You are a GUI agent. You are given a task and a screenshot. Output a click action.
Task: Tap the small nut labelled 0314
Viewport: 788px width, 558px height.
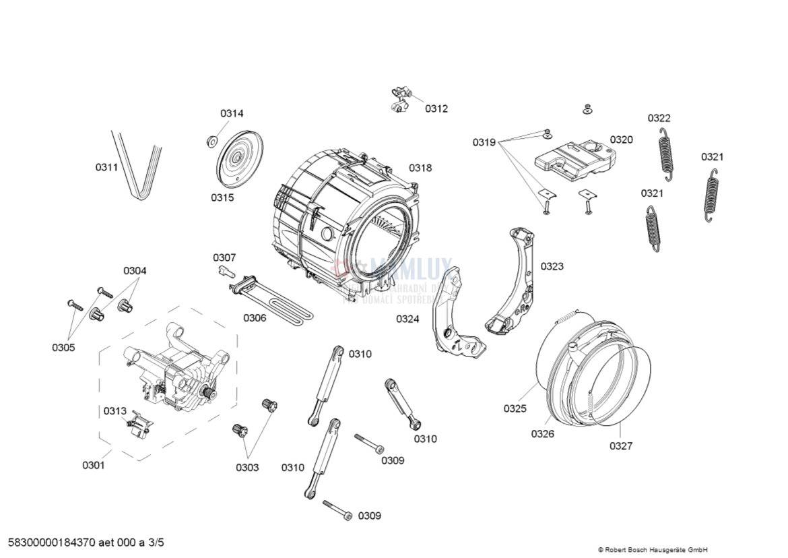[211, 141]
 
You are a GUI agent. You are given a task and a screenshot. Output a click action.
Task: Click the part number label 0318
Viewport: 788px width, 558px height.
[420, 168]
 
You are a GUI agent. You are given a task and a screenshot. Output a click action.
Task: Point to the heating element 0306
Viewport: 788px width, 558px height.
[273, 300]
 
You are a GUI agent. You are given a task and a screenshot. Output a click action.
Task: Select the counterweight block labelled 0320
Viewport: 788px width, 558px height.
[574, 159]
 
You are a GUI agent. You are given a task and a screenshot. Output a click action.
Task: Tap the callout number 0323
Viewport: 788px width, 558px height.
[552, 266]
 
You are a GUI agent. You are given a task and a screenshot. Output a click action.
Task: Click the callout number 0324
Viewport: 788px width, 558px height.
[407, 319]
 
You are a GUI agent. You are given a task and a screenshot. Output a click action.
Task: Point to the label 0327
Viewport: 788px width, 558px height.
[621, 445]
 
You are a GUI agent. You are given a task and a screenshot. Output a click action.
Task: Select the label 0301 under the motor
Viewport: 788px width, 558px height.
[94, 465]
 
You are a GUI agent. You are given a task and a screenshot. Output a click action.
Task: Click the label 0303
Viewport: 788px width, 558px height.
[247, 468]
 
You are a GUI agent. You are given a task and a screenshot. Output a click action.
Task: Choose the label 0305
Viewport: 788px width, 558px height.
[63, 348]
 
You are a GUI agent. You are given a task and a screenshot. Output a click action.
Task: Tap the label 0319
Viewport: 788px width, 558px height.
[484, 142]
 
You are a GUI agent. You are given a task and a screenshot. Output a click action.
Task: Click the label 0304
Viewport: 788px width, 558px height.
[135, 271]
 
